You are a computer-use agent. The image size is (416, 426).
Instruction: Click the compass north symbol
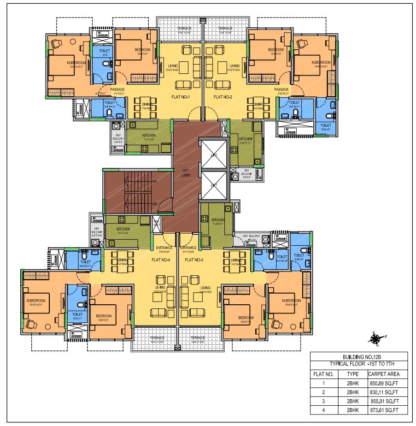point(375,339)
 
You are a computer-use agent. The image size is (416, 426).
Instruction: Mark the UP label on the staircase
point(155,182)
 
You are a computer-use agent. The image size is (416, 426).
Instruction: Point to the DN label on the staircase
point(155,202)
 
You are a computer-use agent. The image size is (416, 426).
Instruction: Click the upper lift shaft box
point(214,155)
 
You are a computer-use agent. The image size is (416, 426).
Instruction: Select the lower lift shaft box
point(214,185)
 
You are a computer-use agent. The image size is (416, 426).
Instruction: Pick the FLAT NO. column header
point(323,374)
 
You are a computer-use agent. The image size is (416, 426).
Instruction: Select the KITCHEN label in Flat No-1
point(149,136)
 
